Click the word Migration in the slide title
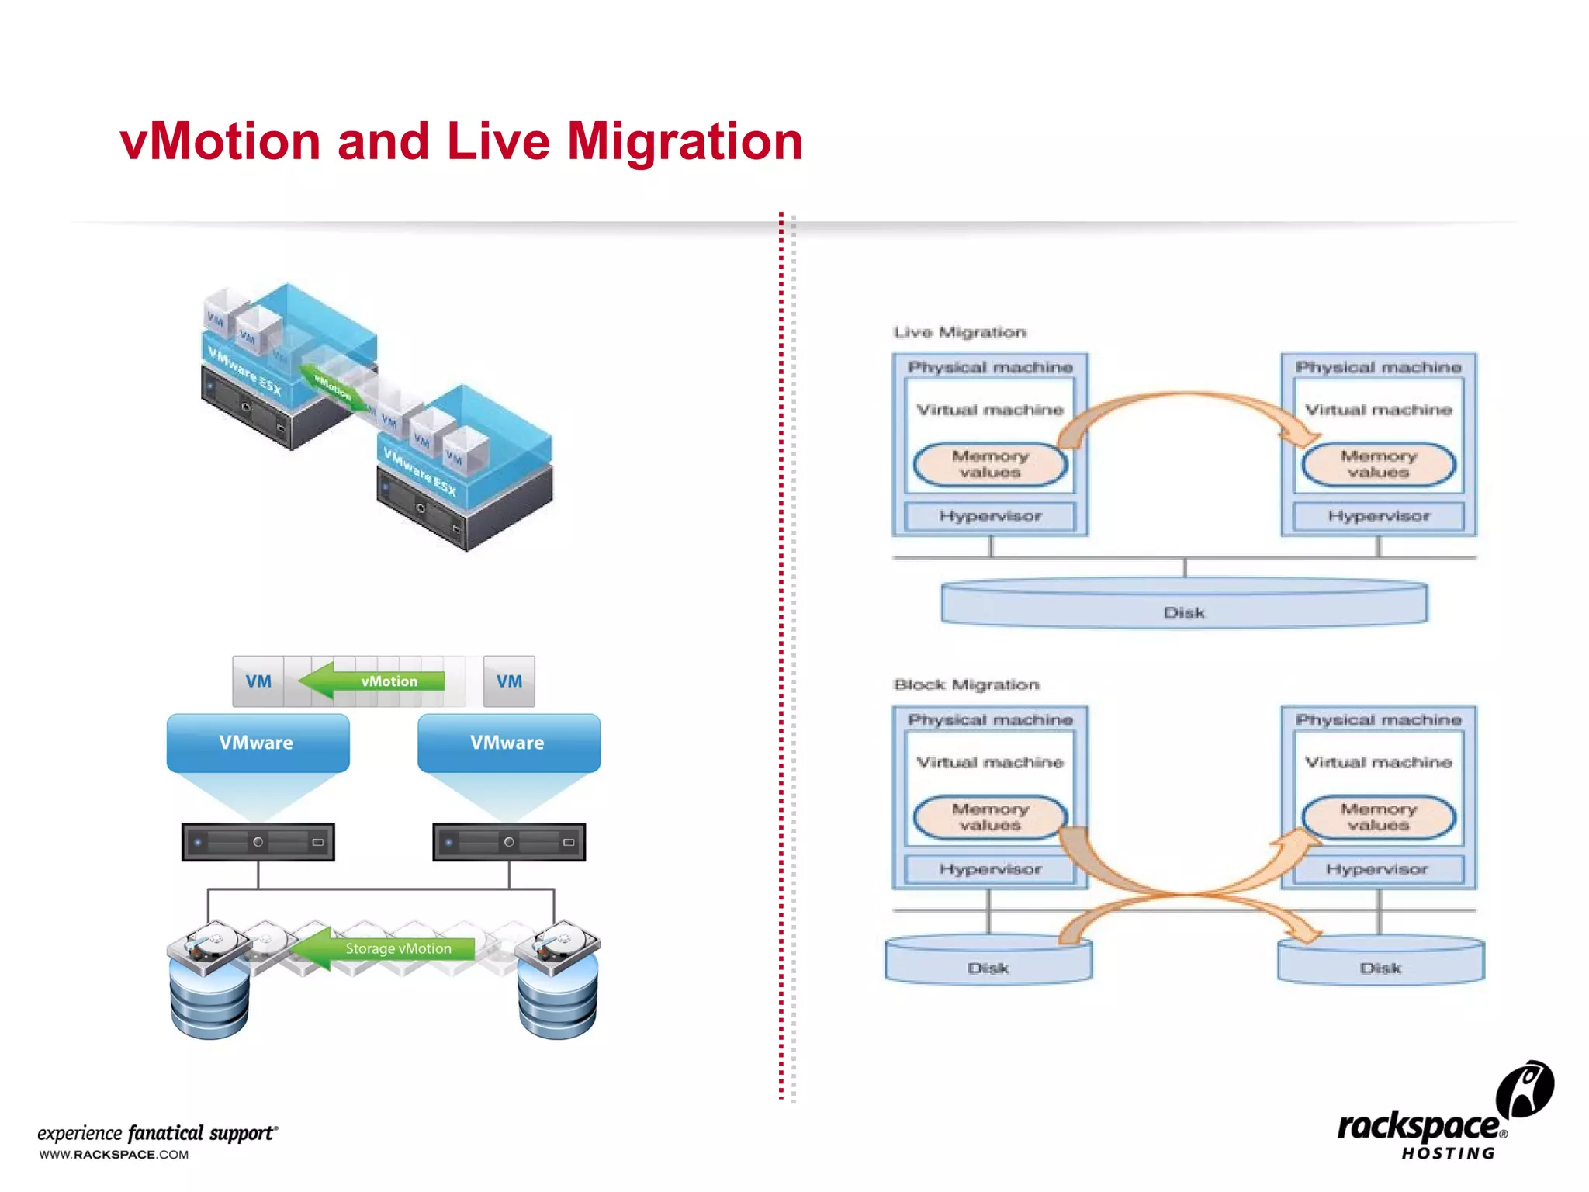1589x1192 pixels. [684, 143]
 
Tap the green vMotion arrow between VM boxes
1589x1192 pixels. [372, 681]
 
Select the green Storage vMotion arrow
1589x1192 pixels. [384, 948]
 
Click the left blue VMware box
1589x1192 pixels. [258, 743]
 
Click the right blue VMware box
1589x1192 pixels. [508, 743]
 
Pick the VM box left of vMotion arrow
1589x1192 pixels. [258, 681]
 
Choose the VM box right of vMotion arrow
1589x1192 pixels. [509, 681]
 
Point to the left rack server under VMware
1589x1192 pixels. [258, 842]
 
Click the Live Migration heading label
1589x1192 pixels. [960, 332]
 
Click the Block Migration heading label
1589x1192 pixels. [966, 684]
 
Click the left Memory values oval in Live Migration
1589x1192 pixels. [990, 464]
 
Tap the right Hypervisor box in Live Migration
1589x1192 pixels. [1378, 516]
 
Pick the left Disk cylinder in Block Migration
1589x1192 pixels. [988, 962]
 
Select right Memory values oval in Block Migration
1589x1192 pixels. [1378, 817]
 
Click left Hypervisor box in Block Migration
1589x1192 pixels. [990, 869]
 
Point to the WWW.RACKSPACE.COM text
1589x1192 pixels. [114, 1155]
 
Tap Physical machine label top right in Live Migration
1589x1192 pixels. [1378, 367]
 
